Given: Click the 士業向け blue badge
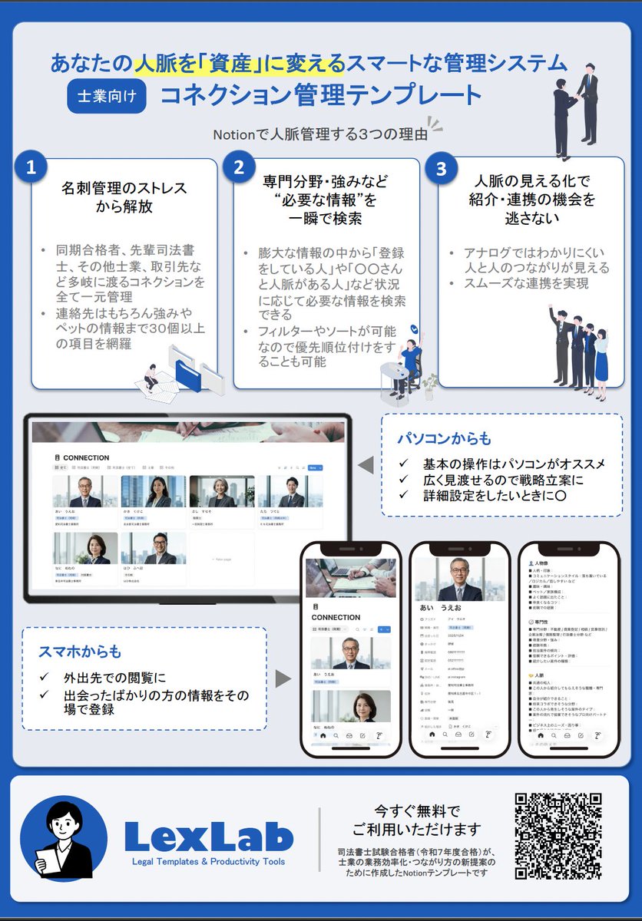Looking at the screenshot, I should (107, 96).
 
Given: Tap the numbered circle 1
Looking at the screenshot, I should (31, 169).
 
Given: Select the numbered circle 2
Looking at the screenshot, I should (239, 169).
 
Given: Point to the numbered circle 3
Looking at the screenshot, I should (441, 169).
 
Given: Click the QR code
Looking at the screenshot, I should (558, 836).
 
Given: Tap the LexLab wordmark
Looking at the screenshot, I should (208, 836).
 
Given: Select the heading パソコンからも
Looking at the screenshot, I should (444, 439).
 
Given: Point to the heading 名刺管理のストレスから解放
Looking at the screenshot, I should (124, 197).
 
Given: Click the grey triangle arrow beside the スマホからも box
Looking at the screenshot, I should (283, 678).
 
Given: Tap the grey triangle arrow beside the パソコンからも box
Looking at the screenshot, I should (366, 464).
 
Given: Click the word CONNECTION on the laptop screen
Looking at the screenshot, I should (86, 457).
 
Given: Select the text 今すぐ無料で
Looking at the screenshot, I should (417, 810).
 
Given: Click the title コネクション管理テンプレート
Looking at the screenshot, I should (320, 96).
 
